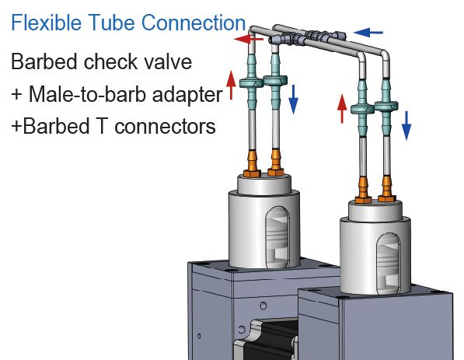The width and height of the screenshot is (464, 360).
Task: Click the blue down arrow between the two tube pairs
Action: (x=294, y=98)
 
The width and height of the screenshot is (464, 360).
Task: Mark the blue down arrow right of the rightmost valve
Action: (x=406, y=124)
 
